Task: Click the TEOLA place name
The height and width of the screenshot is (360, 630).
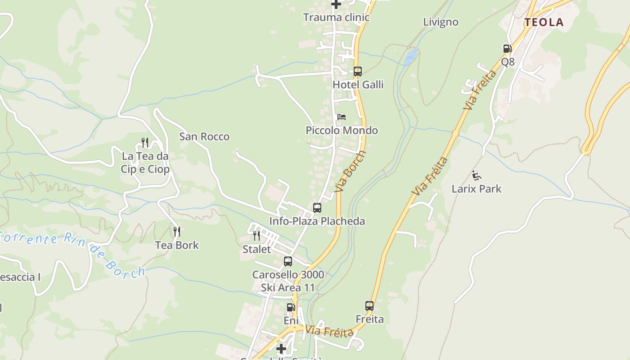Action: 544,22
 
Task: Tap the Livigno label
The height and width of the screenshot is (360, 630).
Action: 441,22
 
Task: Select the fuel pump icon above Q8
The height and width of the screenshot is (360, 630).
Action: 507,49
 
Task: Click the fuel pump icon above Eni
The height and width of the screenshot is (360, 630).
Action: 291,307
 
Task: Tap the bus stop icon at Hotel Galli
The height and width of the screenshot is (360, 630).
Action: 357,72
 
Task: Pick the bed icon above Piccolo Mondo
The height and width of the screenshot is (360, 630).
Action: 342,117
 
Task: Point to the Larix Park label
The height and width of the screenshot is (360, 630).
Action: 476,189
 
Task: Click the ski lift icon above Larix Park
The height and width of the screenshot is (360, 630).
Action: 477,175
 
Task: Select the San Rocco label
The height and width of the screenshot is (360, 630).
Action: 204,136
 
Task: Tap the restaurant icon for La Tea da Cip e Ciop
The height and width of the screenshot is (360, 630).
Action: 145,143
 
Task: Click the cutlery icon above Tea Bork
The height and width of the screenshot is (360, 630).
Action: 177,232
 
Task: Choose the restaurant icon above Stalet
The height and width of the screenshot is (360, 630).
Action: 256,235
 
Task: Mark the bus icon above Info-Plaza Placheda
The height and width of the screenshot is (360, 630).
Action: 317,208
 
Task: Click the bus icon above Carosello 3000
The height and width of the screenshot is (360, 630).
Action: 288,261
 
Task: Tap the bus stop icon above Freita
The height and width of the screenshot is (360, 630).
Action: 369,306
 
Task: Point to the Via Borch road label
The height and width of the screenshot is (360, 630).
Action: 351,171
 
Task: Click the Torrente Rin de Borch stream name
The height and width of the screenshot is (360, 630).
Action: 72,250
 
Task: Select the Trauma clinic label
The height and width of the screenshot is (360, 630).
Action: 336,18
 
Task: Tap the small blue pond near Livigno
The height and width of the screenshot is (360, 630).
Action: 410,57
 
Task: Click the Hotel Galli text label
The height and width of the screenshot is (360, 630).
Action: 358,85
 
